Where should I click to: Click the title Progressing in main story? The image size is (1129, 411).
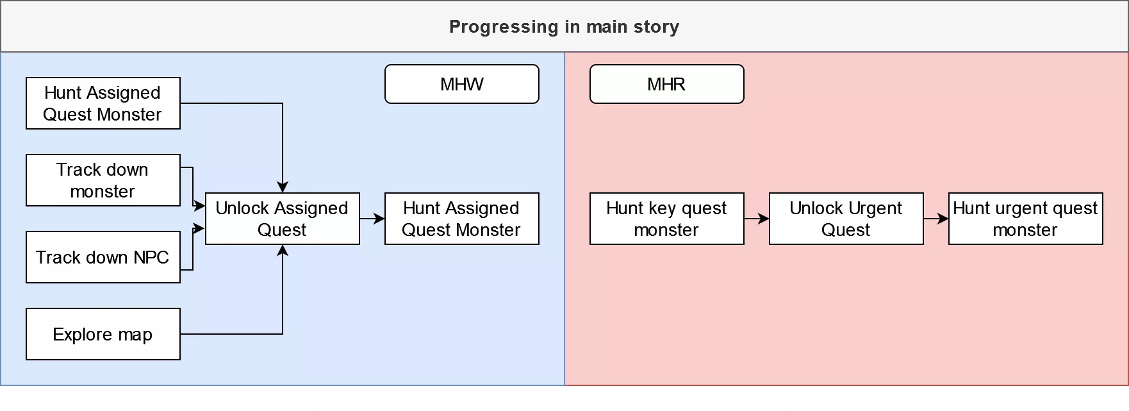pyautogui.click(x=564, y=27)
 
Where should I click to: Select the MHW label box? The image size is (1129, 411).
pyautogui.click(x=461, y=84)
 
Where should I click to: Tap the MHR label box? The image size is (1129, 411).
pyautogui.click(x=666, y=84)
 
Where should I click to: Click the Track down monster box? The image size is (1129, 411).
pyautogui.click(x=103, y=180)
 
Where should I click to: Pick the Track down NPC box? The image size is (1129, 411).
pyautogui.click(x=103, y=257)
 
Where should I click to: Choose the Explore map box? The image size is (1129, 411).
pyautogui.click(x=103, y=334)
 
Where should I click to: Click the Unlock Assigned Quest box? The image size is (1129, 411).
pyautogui.click(x=282, y=219)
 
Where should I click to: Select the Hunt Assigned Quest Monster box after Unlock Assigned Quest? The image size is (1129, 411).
pyautogui.click(x=461, y=219)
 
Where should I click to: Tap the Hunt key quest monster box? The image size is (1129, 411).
pyautogui.click(x=666, y=219)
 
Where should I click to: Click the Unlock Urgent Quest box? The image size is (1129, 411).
pyautogui.click(x=846, y=219)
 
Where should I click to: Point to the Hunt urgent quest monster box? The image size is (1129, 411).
pyautogui.click(x=1025, y=219)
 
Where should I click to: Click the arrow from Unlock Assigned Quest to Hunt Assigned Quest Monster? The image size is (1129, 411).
pyautogui.click(x=372, y=219)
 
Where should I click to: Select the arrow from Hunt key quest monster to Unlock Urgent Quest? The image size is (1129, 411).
pyautogui.click(x=756, y=219)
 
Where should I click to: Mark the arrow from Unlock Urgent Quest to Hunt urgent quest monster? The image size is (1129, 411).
pyautogui.click(x=935, y=219)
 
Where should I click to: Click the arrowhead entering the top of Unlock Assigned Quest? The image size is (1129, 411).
pyautogui.click(x=283, y=187)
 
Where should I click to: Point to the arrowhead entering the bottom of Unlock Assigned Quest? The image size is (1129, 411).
pyautogui.click(x=283, y=250)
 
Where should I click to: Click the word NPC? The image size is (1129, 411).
pyautogui.click(x=151, y=257)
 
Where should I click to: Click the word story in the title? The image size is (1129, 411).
pyautogui.click(x=656, y=27)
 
